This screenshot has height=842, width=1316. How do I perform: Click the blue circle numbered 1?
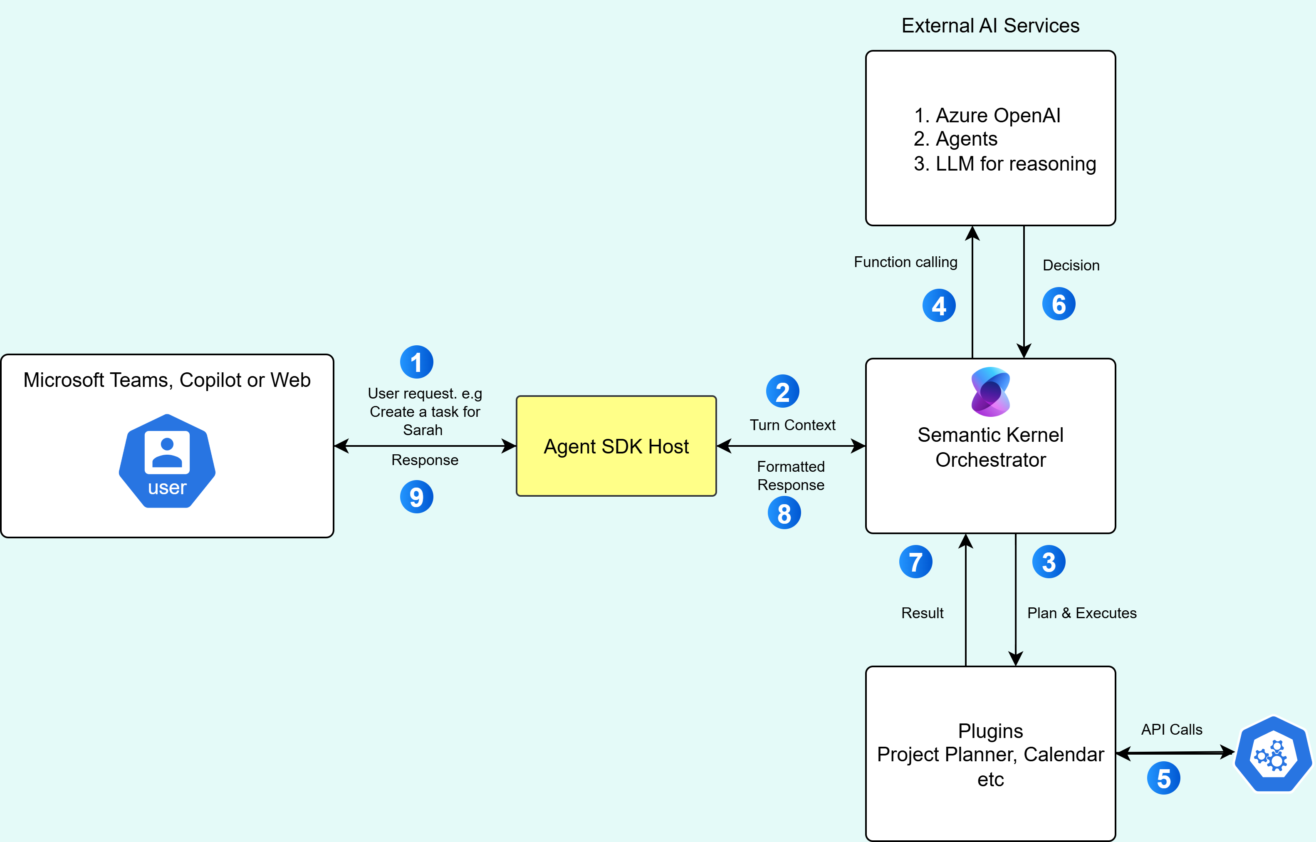416,362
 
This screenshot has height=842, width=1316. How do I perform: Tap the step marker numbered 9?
416,496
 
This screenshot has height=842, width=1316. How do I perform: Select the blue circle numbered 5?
1163,778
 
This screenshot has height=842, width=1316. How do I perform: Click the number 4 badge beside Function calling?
939,306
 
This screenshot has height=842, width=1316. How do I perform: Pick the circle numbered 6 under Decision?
1059,304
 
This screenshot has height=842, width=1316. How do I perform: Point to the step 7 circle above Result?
915,562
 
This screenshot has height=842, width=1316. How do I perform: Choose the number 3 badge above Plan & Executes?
1048,562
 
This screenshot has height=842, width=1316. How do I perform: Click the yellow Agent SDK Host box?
616,446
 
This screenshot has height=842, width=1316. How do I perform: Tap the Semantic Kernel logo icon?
990,391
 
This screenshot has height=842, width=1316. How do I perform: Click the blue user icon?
167,461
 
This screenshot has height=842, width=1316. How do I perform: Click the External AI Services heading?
990,26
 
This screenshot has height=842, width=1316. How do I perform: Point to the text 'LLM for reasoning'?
1015,163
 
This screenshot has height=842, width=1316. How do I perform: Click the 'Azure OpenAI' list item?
997,115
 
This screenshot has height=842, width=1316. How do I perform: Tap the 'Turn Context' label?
792,425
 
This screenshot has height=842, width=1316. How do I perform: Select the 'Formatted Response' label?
791,475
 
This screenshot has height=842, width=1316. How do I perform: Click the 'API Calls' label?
1172,729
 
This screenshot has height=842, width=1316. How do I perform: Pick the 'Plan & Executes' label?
1081,613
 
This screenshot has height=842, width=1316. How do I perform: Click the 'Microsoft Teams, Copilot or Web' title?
167,380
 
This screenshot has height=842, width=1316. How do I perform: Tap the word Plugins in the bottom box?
990,731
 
